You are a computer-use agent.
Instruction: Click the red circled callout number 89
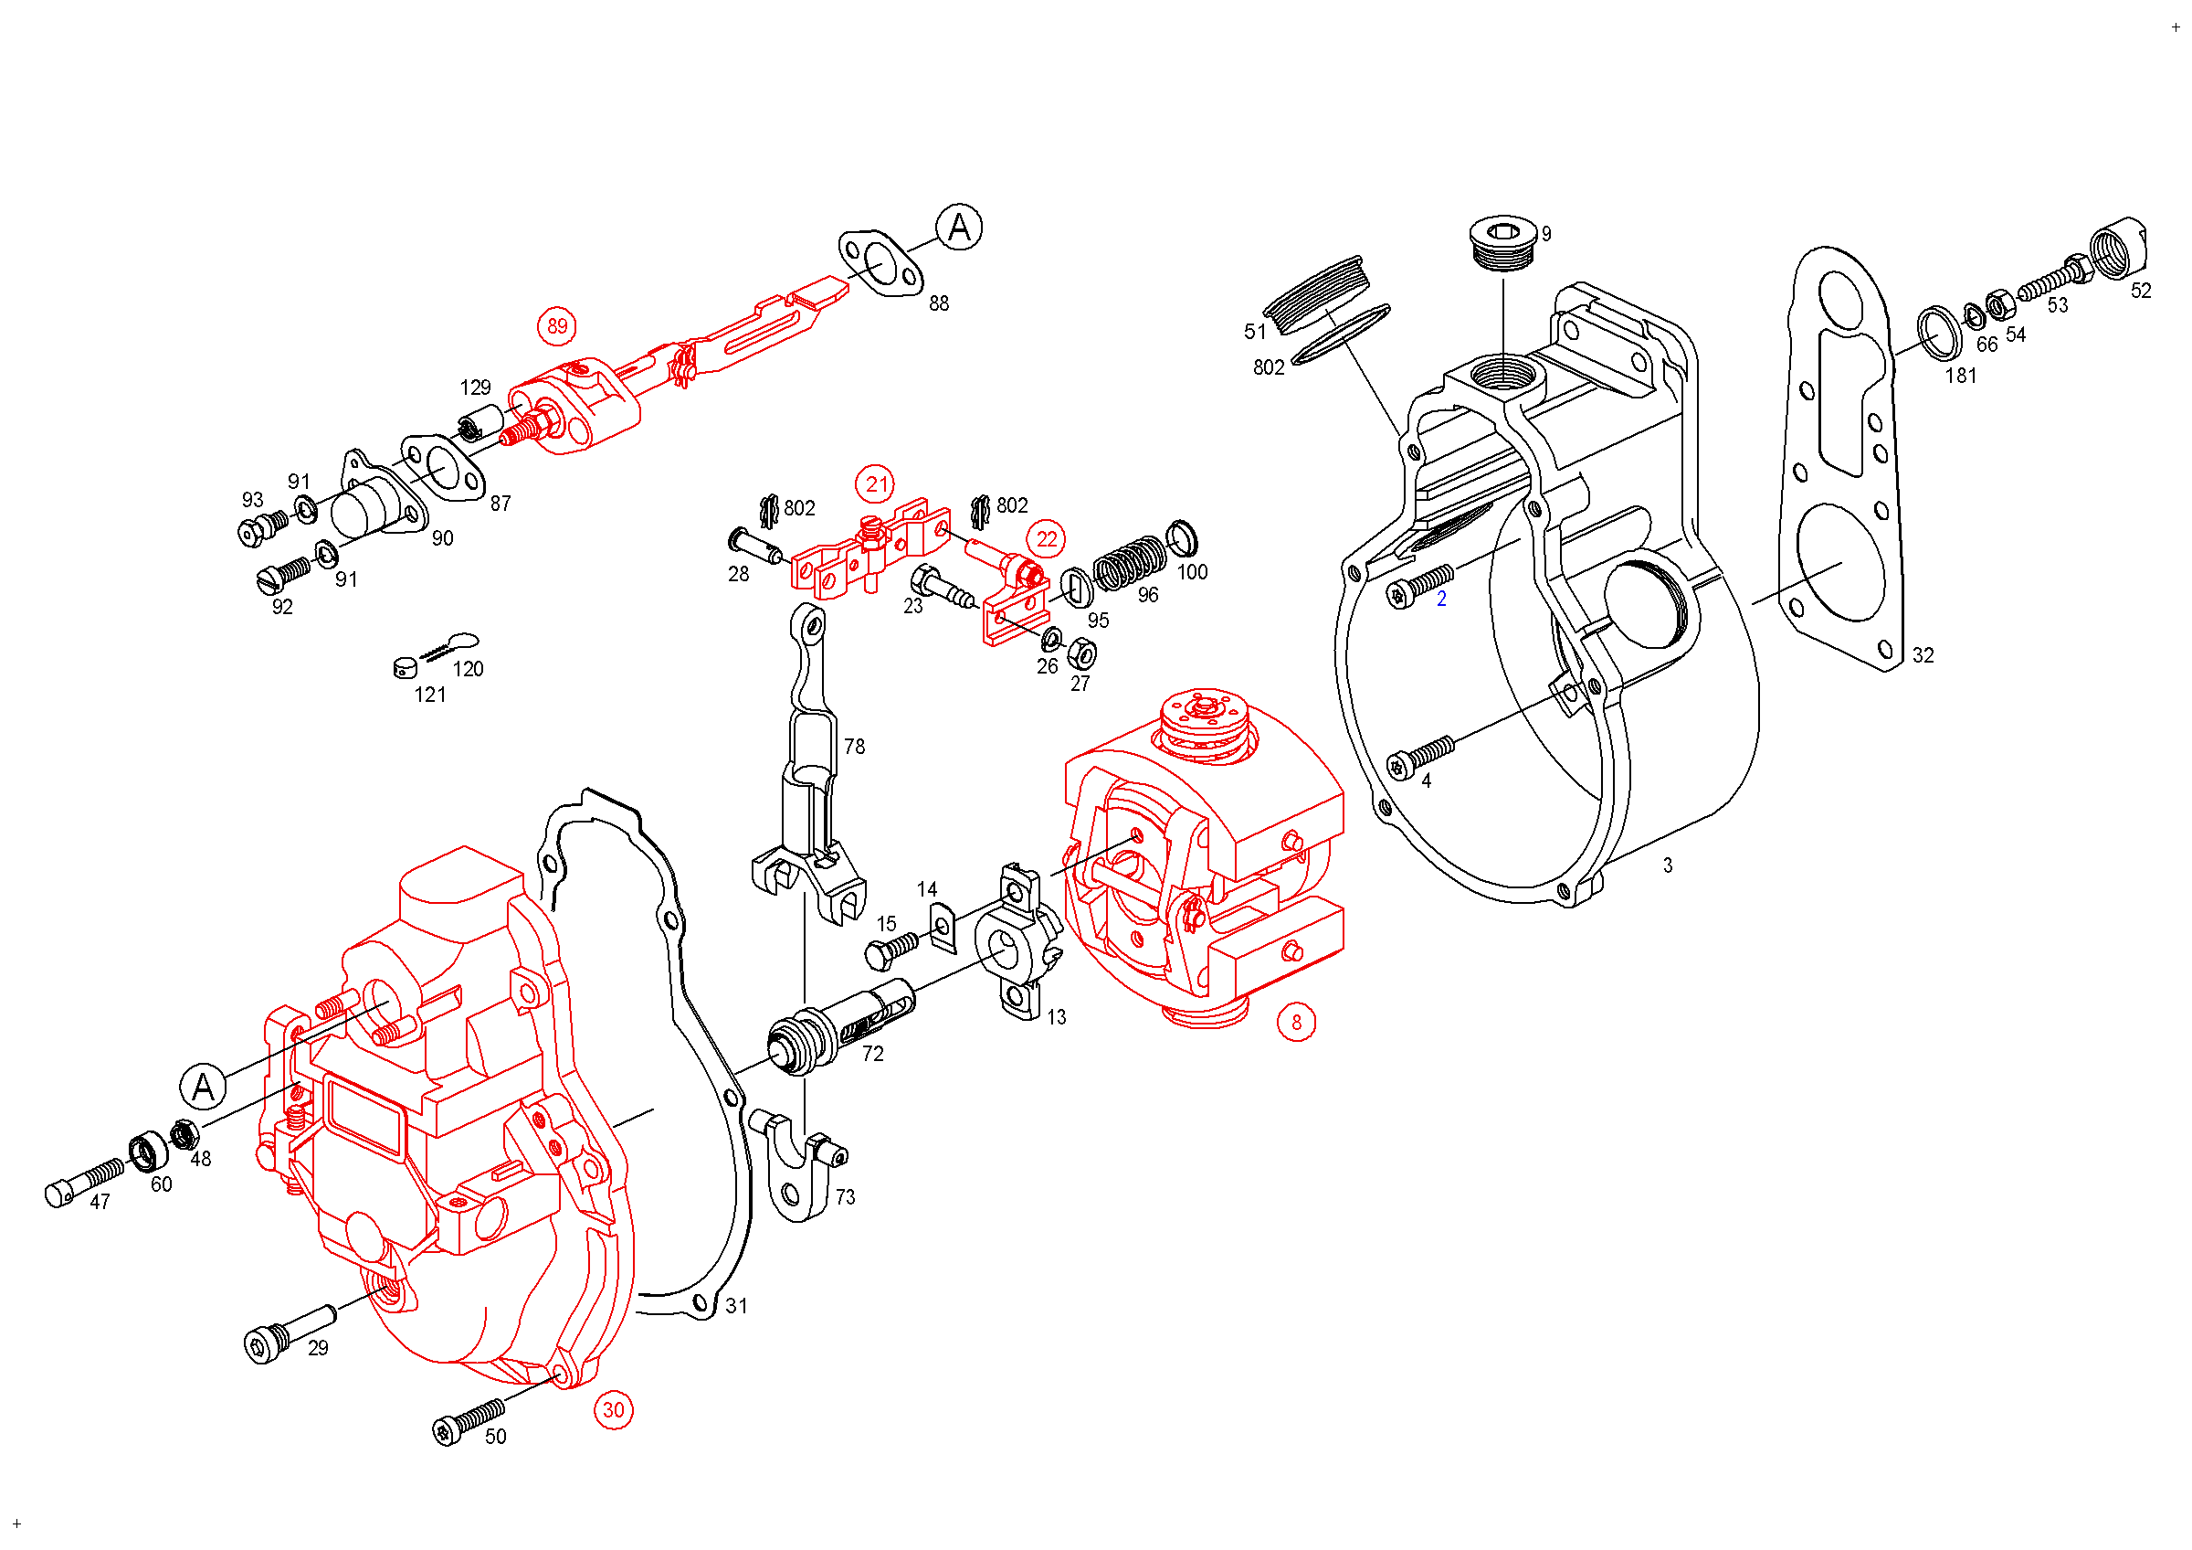coord(556,326)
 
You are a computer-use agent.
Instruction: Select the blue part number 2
coord(1440,599)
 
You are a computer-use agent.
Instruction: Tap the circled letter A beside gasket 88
coord(958,228)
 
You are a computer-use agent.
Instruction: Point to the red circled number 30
coord(613,1409)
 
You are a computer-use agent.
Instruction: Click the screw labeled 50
coord(467,1420)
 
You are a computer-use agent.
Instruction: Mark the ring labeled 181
coord(1940,333)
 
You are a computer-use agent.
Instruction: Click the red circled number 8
coord(1295,1023)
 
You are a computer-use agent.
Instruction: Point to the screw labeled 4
coord(1420,757)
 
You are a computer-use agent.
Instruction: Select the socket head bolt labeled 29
coord(288,1332)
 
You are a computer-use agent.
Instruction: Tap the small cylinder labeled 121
coord(405,666)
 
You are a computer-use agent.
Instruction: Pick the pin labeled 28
coord(755,546)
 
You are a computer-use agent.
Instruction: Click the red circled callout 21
coord(876,484)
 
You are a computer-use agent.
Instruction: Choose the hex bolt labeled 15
coord(890,949)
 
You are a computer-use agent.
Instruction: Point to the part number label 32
coord(1922,655)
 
